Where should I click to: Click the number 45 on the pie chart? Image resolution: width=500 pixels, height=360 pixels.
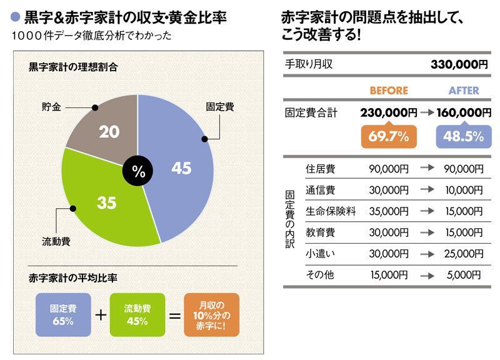click(181, 168)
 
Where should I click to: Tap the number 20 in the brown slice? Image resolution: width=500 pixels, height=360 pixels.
click(110, 132)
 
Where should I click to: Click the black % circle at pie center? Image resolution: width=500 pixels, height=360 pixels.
click(138, 171)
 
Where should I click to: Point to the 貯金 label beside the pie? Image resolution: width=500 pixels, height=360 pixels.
click(52, 107)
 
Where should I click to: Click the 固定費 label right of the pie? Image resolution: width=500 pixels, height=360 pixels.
click(220, 107)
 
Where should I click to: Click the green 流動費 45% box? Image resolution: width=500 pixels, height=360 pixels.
click(136, 315)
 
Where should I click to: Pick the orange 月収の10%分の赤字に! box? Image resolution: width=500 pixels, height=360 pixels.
click(211, 315)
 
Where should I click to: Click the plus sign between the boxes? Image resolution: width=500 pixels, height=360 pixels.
click(99, 314)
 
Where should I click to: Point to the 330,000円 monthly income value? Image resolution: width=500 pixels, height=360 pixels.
click(459, 64)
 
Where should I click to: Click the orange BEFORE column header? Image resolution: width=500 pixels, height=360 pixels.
click(388, 91)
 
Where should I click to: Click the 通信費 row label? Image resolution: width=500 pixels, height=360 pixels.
click(320, 189)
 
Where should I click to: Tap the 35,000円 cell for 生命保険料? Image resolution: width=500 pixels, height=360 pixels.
click(389, 211)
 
